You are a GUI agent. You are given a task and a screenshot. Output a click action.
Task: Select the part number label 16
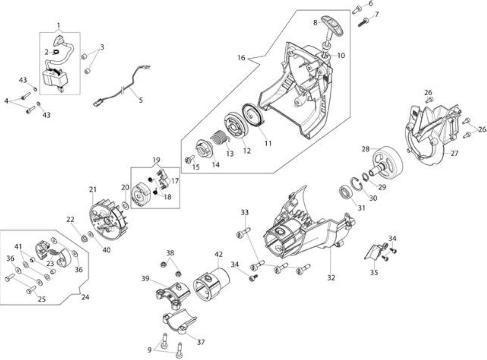pyautogui.click(x=241, y=58)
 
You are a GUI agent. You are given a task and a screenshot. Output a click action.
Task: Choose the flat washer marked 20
pyautogui.click(x=126, y=206)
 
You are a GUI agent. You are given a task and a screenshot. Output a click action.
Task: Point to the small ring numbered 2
pyautogui.click(x=56, y=52)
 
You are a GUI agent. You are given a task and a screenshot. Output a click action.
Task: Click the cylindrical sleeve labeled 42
pyautogui.click(x=211, y=284)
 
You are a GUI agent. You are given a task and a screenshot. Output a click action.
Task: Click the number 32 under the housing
pyautogui.click(x=331, y=278)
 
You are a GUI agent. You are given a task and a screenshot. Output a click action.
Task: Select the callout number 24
pyautogui.click(x=85, y=297)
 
